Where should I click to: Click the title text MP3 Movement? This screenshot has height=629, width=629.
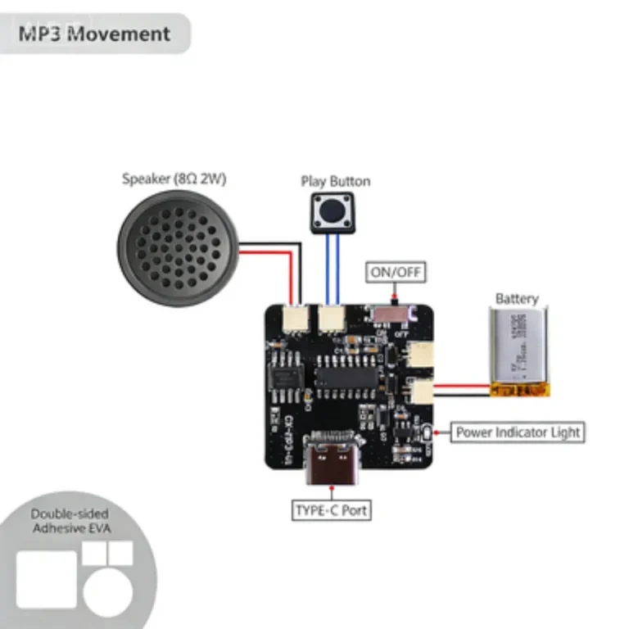[x=94, y=34]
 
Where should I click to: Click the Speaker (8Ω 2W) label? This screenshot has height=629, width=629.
[x=174, y=179]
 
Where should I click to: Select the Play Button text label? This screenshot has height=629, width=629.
[x=335, y=181]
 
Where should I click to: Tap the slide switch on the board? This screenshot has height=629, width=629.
[x=392, y=313]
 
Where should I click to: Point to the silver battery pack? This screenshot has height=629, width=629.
[x=520, y=351]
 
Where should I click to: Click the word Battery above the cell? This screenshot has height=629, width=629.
[x=517, y=299]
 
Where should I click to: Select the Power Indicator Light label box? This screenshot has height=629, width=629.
[x=518, y=432]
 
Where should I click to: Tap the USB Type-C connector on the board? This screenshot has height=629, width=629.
[x=331, y=459]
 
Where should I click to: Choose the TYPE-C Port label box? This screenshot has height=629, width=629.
[x=332, y=510]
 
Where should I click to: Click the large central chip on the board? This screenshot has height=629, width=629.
[x=346, y=377]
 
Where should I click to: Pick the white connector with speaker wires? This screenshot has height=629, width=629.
[x=292, y=319]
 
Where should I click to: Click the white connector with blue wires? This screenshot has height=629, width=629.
[x=332, y=318]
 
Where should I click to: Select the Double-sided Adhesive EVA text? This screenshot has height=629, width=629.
[x=70, y=521]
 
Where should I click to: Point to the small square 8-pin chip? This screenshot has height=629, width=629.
[x=287, y=376]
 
